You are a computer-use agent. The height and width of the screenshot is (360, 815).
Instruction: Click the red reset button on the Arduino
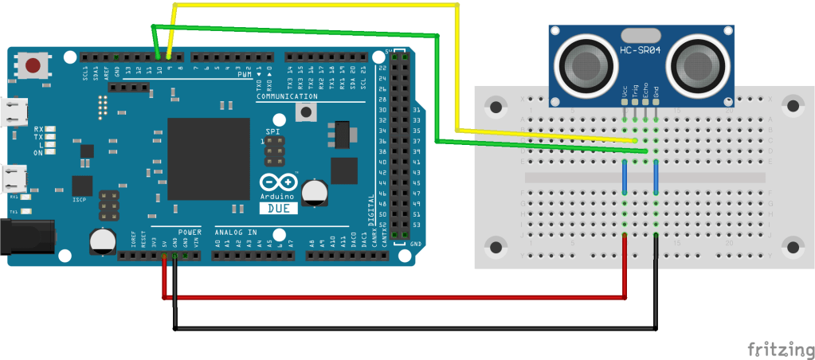point(33,65)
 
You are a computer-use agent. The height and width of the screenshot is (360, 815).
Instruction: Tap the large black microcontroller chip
point(208,158)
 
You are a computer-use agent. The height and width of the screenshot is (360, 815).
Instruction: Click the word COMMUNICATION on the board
point(288,96)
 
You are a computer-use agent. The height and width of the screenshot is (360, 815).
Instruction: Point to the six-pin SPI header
point(275,147)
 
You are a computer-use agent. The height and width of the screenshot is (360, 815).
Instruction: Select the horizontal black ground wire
point(414,327)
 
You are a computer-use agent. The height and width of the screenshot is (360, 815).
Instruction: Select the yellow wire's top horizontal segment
point(315,5)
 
